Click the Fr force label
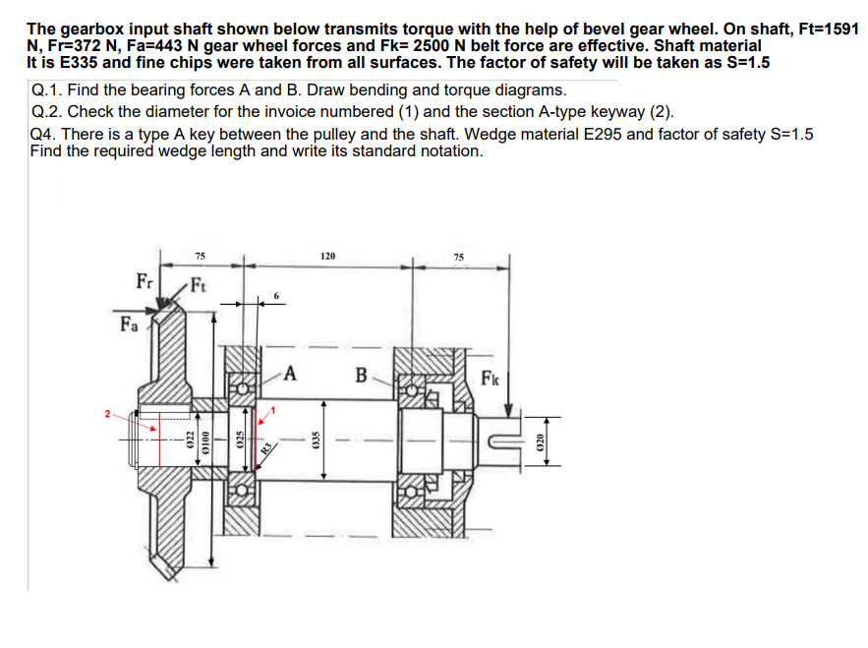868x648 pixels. point(143,280)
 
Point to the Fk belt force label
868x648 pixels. point(492,378)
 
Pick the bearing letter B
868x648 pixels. point(361,375)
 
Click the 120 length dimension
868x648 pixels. point(327,256)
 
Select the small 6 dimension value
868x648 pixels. point(277,295)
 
